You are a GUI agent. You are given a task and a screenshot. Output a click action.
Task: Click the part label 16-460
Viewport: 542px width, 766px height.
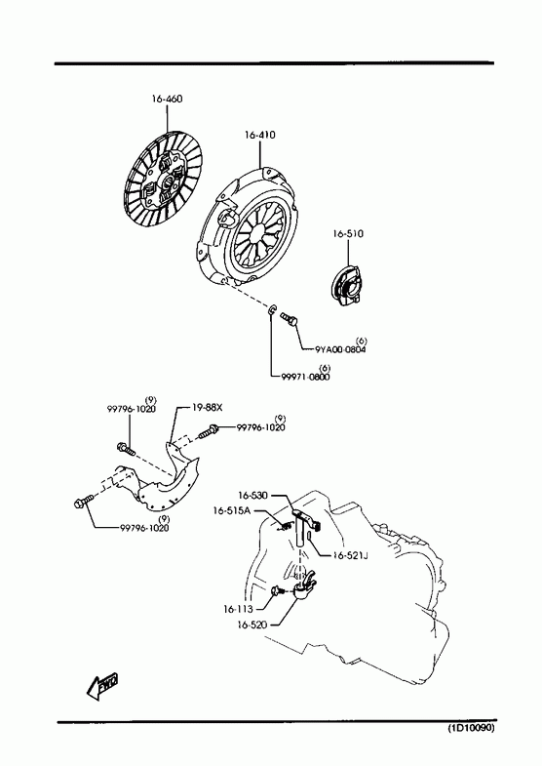coord(167,99)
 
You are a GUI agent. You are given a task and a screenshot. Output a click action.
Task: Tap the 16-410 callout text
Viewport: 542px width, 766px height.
coord(260,135)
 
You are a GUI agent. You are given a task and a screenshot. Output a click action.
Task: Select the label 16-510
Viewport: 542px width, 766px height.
coord(348,233)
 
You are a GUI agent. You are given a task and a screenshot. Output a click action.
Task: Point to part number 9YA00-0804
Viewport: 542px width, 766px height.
coord(340,349)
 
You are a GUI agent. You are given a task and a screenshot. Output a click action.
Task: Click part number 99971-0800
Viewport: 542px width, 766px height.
coord(305,377)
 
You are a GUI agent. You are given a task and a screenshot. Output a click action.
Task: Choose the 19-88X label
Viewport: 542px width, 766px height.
coord(207,407)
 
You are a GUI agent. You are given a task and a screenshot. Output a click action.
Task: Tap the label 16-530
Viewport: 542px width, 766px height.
coord(253,496)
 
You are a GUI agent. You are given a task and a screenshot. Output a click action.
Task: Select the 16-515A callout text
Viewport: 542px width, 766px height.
coord(231,510)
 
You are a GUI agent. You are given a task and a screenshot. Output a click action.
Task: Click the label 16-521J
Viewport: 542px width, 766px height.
coord(350,555)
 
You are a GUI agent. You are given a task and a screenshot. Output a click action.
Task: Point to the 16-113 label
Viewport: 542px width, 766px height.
coord(239,609)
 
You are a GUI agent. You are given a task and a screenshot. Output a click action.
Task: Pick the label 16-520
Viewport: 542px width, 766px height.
coord(252,625)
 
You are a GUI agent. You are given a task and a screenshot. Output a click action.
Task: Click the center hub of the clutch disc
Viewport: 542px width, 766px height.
coord(168,182)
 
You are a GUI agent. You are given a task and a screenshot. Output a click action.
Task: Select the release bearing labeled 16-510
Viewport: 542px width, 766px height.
coord(346,287)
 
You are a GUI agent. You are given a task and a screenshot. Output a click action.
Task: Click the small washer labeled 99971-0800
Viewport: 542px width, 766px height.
coord(273,309)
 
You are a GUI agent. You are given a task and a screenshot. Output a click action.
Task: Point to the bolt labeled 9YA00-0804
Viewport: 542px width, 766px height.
coord(290,319)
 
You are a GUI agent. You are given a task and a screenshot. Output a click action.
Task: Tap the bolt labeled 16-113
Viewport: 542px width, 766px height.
coord(277,591)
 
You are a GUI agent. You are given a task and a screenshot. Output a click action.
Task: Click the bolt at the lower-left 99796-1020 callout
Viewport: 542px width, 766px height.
coord(84,501)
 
